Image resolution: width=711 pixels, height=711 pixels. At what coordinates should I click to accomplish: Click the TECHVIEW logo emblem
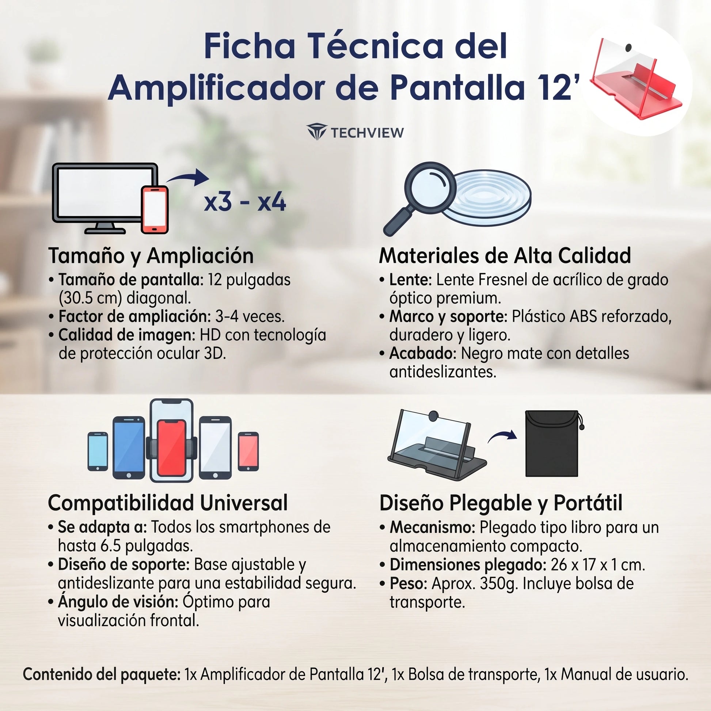coord(316,132)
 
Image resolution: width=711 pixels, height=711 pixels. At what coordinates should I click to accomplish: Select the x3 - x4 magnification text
coord(245,202)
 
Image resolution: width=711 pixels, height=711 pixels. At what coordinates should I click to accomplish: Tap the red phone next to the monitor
coord(155,209)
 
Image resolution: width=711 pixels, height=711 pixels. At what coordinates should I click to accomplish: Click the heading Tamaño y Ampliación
coord(151,255)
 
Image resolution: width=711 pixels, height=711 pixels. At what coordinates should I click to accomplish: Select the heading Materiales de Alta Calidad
coord(505,255)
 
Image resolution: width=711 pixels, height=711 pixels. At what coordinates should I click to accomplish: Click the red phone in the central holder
coord(171,448)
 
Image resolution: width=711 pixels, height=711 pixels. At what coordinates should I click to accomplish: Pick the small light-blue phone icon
coord(98,452)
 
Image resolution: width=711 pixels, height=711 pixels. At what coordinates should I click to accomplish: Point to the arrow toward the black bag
coord(502,436)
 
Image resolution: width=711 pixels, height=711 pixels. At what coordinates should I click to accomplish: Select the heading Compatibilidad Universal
coord(168,503)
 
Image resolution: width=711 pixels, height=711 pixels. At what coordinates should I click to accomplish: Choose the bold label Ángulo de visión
coord(118,602)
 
